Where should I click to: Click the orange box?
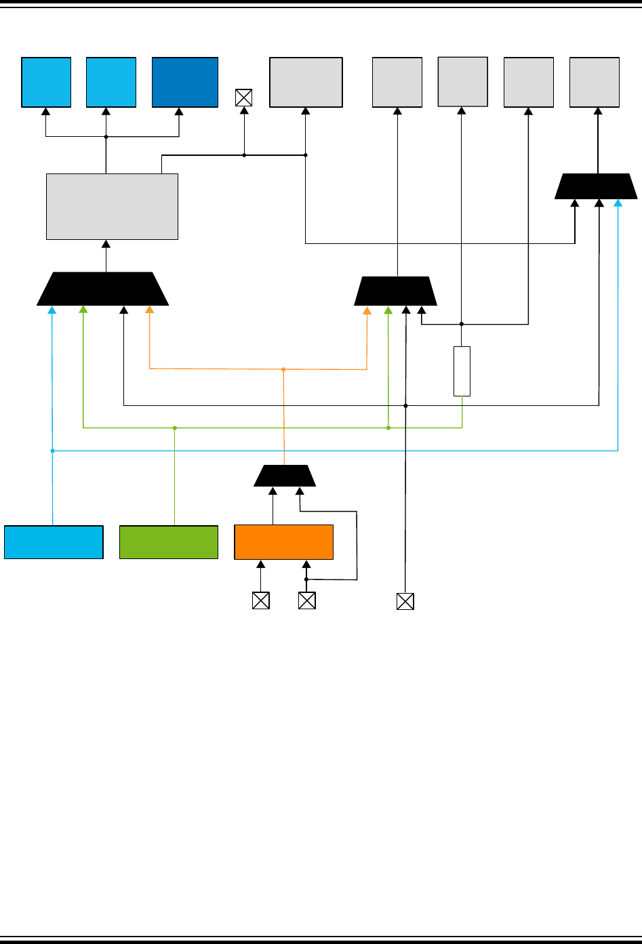point(283,542)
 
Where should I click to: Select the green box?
point(169,542)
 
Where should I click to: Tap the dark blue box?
point(185,82)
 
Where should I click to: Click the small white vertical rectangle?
point(462,371)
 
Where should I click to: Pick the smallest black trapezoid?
point(285,476)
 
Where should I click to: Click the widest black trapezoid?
point(102,289)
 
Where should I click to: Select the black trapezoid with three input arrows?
point(596,186)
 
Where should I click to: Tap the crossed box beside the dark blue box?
point(243,98)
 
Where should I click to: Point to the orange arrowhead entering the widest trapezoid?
point(149,310)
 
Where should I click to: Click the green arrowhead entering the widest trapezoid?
point(83,310)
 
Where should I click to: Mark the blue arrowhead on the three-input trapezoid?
point(618,203)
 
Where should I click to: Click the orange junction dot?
point(283,369)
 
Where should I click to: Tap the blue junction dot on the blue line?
point(52,450)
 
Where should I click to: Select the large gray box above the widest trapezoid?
point(112,207)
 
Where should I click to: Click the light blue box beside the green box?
point(54,542)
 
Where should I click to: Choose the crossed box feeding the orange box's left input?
point(260,600)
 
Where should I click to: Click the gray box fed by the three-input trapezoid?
point(595,82)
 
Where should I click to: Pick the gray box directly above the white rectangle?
point(463,81)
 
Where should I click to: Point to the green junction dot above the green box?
point(175,428)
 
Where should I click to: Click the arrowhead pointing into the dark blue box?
point(179,112)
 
